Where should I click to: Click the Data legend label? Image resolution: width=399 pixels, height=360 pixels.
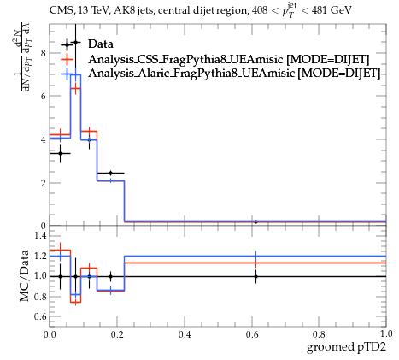tap(101, 44)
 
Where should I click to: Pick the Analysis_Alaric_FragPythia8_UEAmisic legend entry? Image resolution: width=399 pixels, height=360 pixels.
tap(234, 73)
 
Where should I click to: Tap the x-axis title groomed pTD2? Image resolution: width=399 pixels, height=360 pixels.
tap(346, 347)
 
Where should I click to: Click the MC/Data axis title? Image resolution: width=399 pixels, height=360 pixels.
tap(25, 275)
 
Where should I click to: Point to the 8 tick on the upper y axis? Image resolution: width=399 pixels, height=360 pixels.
tap(44, 53)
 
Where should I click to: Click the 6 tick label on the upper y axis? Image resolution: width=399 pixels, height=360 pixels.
tap(44, 96)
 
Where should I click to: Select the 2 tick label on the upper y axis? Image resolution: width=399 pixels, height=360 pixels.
tap(44, 183)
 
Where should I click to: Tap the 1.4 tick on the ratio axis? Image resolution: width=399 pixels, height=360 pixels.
tap(40, 235)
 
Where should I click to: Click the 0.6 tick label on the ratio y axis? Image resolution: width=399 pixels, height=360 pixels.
tap(40, 316)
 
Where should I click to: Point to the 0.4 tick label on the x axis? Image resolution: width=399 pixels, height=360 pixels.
tap(185, 334)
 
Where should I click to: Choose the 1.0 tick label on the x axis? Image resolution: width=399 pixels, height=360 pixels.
tap(386, 333)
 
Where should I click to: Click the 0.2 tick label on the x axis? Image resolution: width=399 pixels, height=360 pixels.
tap(117, 334)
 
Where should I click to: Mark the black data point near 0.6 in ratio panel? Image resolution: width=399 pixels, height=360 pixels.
tap(255, 276)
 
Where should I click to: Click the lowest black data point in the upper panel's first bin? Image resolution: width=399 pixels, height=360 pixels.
tap(60, 153)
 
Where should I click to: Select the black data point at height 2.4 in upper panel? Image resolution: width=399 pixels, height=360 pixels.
tap(110, 173)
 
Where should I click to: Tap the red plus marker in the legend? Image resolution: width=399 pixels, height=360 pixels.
tap(67, 60)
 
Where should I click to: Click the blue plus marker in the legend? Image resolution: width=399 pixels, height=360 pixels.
tap(67, 74)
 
